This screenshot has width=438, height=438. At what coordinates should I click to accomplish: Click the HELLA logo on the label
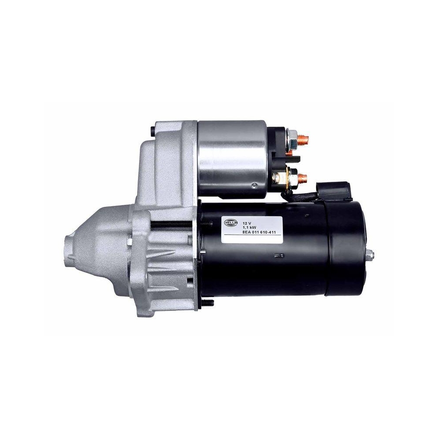pos(230,223)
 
